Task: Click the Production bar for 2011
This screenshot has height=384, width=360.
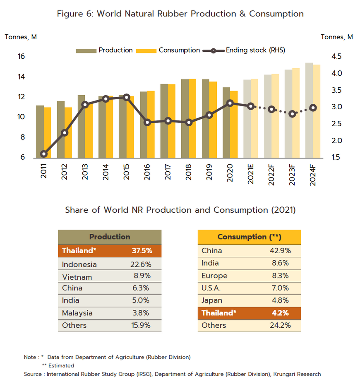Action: [40, 132]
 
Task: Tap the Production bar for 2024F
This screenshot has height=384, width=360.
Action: [309, 110]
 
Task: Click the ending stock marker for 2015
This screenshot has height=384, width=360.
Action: [127, 97]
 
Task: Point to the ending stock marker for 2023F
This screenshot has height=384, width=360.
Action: [293, 114]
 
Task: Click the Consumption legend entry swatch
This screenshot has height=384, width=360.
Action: [151, 50]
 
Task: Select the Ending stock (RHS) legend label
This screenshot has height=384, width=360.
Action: [255, 50]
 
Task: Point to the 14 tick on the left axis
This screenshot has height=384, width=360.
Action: [21, 77]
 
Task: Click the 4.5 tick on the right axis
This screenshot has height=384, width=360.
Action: [338, 57]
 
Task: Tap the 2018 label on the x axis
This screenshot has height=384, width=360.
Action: [189, 170]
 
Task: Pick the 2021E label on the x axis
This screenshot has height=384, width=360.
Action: [251, 174]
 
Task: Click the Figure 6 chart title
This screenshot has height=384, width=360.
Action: [180, 14]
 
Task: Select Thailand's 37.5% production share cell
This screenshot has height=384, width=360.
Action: [142, 251]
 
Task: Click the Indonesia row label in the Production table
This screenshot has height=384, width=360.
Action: [79, 264]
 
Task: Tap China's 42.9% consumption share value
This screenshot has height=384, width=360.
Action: [280, 251]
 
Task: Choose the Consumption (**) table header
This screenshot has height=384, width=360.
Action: [249, 237]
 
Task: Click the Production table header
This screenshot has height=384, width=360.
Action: [110, 237]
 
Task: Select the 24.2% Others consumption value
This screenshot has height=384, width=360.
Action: [280, 325]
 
